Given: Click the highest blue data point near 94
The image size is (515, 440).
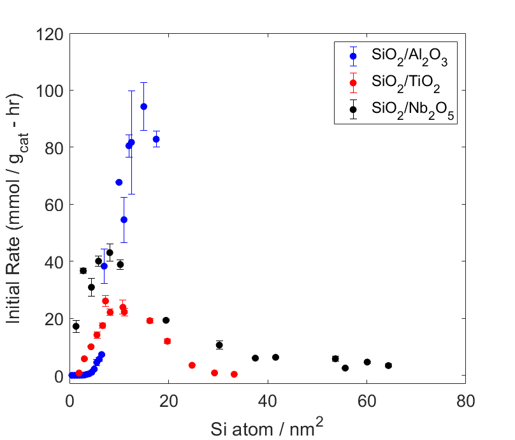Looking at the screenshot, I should point(144,106).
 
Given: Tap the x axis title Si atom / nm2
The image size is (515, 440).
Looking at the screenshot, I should point(268,425).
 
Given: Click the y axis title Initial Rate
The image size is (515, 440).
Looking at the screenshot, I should point(17,204).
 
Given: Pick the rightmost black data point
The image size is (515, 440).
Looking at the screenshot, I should point(388,365).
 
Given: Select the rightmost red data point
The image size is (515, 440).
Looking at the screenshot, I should point(234,374).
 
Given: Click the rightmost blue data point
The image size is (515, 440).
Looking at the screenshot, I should point(156,139).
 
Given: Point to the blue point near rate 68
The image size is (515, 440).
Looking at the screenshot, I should point(119,182).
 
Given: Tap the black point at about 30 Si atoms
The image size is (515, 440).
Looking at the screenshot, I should point(219,345).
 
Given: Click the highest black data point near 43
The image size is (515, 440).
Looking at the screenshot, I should point(110,253).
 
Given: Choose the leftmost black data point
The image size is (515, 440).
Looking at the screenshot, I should point(76,326).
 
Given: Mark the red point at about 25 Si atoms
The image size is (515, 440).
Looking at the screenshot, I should point(192,365).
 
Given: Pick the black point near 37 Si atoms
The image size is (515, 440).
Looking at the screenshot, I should point(255,358).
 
